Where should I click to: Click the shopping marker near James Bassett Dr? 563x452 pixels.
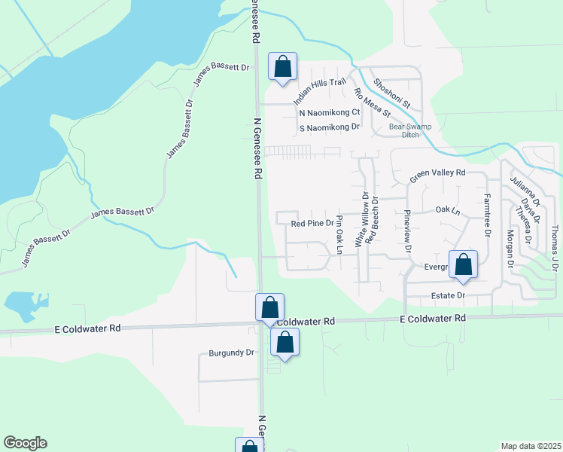pyautogui.click(x=282, y=66)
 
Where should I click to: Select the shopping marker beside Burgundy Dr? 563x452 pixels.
pyautogui.click(x=285, y=343)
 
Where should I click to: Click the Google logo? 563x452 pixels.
pyautogui.click(x=25, y=443)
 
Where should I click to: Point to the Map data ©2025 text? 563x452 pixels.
pyautogui.click(x=531, y=446)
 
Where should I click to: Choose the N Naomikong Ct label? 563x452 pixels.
pyautogui.click(x=330, y=112)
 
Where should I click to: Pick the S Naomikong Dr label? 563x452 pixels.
pyautogui.click(x=329, y=128)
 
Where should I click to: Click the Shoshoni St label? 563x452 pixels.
pyautogui.click(x=391, y=94)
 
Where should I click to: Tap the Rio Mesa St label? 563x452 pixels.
pyautogui.click(x=372, y=103)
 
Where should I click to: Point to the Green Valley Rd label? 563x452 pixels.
pyautogui.click(x=438, y=176)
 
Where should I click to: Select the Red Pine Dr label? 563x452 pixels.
pyautogui.click(x=312, y=223)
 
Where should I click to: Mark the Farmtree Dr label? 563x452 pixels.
pyautogui.click(x=487, y=215)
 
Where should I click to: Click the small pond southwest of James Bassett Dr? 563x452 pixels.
pyautogui.click(x=20, y=304)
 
